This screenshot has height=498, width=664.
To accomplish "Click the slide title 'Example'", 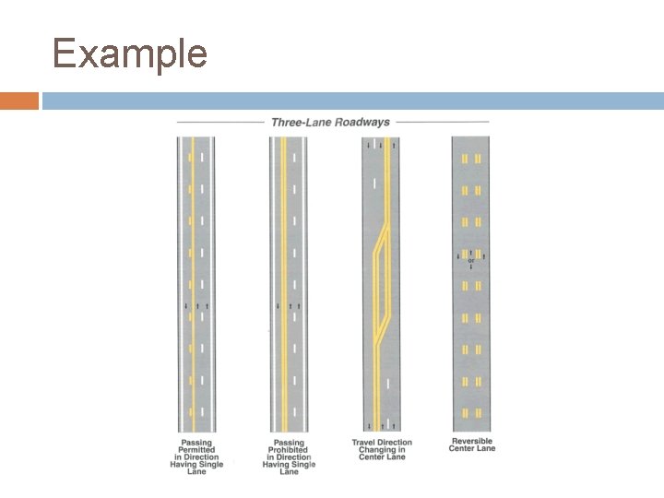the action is (130, 53).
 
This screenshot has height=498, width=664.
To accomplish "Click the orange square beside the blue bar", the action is (19, 101).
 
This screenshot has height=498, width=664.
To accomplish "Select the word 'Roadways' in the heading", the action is (362, 122).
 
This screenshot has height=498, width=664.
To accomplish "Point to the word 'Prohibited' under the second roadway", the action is (289, 449).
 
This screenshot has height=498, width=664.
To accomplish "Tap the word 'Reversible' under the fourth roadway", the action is (472, 441).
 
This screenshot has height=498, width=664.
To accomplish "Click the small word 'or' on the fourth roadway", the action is (471, 260).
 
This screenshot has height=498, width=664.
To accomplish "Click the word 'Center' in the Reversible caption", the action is (462, 449).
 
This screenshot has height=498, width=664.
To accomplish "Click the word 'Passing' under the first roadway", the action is (196, 442).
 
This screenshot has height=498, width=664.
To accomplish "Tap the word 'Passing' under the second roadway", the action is (289, 442).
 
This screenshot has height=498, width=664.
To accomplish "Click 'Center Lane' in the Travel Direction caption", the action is (382, 457).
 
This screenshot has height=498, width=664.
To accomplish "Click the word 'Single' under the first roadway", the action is (209, 465).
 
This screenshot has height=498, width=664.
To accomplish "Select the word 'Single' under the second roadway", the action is (302, 465).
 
